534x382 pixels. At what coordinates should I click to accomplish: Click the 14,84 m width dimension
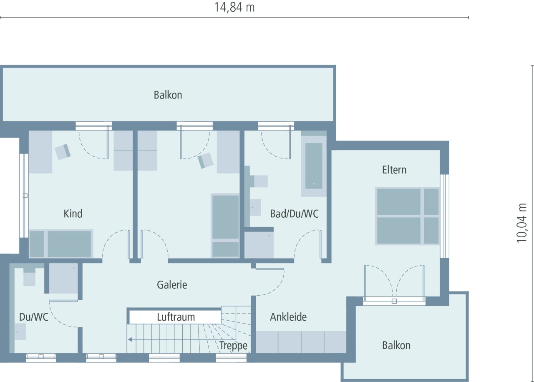tap(234, 8)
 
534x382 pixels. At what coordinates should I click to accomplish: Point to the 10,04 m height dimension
tap(522, 223)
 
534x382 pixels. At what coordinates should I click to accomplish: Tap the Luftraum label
tap(176, 317)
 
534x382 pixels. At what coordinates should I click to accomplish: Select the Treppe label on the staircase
tap(234, 345)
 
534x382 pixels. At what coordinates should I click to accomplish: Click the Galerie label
tap(172, 285)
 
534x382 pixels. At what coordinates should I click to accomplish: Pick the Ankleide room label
tap(288, 317)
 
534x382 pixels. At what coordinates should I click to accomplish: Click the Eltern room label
tap(394, 170)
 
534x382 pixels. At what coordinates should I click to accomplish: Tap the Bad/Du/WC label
tap(294, 214)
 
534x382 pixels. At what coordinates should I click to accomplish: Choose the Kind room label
tap(73, 214)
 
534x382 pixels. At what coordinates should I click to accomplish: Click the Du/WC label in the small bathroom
tap(34, 317)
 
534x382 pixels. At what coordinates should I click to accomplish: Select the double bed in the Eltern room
tap(407, 216)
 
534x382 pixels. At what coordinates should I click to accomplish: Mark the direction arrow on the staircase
tap(130, 339)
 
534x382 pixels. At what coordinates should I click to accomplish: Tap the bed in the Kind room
tap(61, 244)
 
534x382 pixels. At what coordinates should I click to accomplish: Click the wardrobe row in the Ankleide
tap(301, 342)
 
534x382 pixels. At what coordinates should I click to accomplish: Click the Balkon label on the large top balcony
tap(168, 95)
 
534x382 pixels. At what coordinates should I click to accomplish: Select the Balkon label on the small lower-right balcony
tap(396, 345)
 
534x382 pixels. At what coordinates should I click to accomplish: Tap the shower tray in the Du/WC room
tap(63, 278)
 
